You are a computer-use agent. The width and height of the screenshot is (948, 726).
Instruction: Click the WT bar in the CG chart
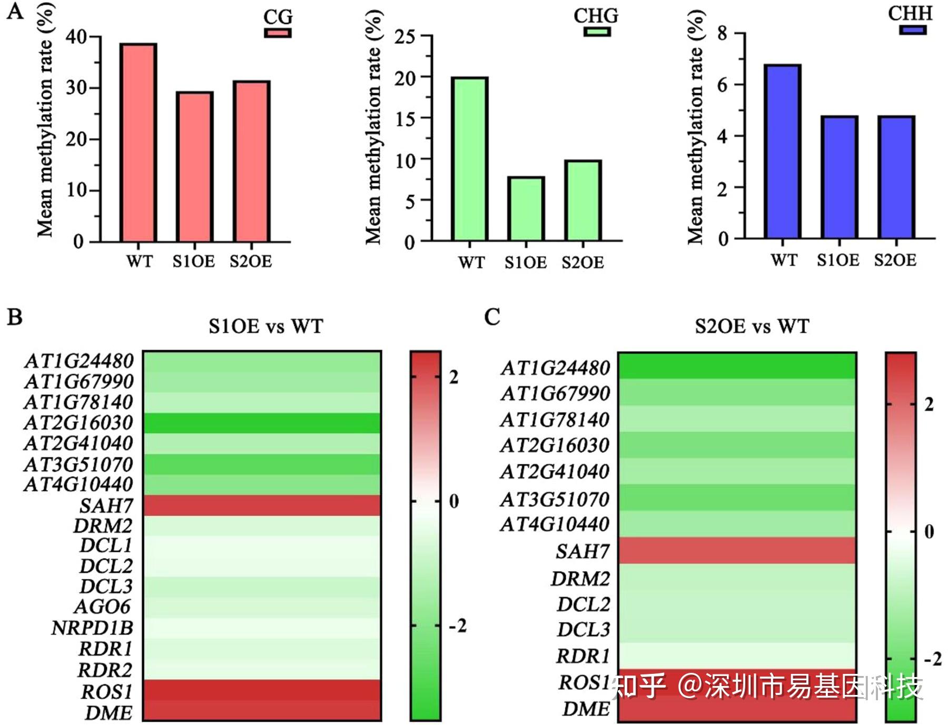[x=138, y=142]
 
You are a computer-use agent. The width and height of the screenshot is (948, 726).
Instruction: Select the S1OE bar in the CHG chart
[x=526, y=209]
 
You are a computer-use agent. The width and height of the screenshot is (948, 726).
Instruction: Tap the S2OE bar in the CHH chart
[x=896, y=177]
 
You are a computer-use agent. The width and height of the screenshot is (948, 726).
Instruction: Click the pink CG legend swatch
[x=278, y=33]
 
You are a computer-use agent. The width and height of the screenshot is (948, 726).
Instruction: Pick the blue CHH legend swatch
[x=912, y=29]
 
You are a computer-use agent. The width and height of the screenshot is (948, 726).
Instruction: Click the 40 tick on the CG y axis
[x=76, y=37]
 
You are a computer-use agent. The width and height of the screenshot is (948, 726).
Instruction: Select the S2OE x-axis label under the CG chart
[x=251, y=262]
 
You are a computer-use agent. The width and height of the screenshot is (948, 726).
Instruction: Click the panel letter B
[x=15, y=317]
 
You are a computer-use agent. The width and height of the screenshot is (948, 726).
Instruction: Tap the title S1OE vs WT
[x=265, y=326]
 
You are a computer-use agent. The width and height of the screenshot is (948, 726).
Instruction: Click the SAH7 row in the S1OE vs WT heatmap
[x=262, y=505]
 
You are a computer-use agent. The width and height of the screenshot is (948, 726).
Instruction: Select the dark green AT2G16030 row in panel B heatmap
[x=262, y=423]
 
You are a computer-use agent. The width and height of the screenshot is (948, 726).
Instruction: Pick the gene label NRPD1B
[x=92, y=628]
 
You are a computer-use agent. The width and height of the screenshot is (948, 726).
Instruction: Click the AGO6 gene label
[x=102, y=606]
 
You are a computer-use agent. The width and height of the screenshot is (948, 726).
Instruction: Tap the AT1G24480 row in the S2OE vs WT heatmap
[x=737, y=366]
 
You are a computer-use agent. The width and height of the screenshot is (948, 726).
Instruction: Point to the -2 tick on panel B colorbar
[x=457, y=626]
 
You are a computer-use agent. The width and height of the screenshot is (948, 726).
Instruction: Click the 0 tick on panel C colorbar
[x=930, y=531]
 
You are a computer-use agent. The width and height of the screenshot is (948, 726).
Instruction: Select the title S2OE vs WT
[x=752, y=326]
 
